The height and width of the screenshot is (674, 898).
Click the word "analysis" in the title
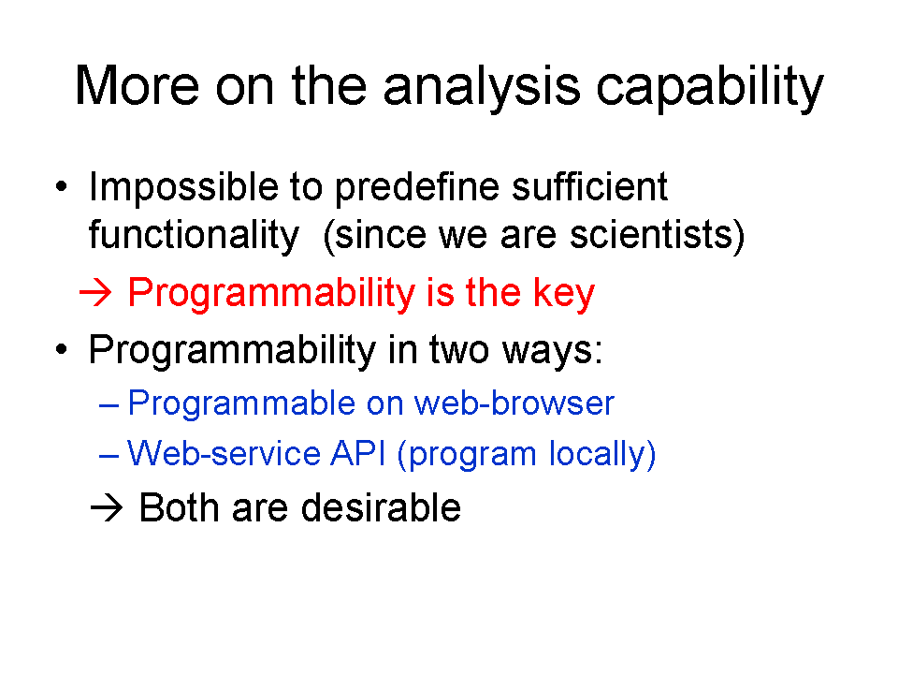[482, 87]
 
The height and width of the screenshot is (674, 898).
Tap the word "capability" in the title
[710, 87]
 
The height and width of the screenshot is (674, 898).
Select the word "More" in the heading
[137, 85]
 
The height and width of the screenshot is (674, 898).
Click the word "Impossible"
[183, 187]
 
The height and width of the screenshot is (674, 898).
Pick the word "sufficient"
[590, 186]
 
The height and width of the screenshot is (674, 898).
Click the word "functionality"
[195, 235]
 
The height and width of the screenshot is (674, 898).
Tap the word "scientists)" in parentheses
[658, 234]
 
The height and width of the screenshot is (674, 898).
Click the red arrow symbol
[95, 293]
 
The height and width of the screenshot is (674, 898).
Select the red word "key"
[564, 293]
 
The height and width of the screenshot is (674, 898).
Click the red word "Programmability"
[271, 293]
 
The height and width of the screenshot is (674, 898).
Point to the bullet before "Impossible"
[62, 187]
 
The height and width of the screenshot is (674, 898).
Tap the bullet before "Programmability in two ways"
[62, 348]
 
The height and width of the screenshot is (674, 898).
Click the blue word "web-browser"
[514, 403]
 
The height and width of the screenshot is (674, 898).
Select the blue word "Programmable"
[241, 403]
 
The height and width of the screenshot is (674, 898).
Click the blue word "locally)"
[602, 455]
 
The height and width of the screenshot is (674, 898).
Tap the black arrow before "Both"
[107, 507]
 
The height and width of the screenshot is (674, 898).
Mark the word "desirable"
[381, 507]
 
